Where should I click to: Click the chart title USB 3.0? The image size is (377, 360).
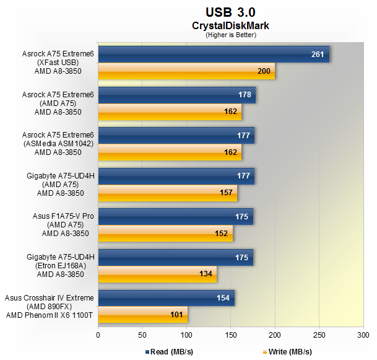[230, 12]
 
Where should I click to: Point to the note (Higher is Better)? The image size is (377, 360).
[230, 35]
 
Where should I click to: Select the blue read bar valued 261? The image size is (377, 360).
[213, 55]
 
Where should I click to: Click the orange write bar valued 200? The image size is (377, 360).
[186, 71]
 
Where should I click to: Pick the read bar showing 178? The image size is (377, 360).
[176, 95]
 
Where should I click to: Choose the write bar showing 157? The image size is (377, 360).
[167, 193]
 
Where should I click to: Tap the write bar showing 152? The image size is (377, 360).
[165, 233]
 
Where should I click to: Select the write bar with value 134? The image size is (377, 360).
[157, 273]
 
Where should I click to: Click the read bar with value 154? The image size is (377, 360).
[166, 298]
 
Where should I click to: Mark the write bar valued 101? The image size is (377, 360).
[142, 314]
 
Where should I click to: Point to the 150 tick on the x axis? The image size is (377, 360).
[230, 335]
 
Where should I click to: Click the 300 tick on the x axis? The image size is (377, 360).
[363, 335]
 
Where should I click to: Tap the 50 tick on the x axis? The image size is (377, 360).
[142, 335]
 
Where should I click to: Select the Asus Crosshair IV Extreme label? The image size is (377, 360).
[49, 297]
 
